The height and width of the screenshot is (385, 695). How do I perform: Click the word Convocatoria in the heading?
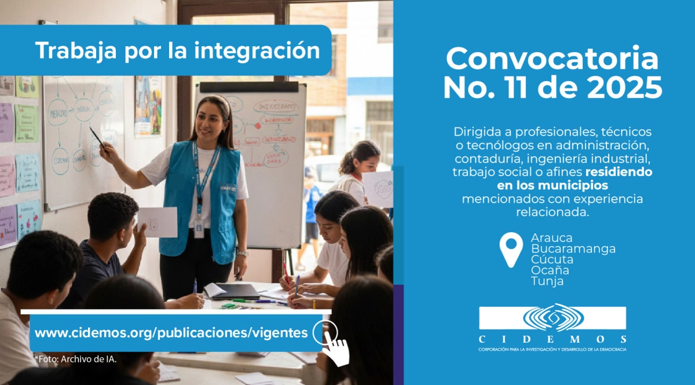click(552, 59)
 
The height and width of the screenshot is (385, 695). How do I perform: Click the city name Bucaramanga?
click(573, 249)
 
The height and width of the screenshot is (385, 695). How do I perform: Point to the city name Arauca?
click(551, 238)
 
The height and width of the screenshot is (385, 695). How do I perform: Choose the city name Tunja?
click(547, 281)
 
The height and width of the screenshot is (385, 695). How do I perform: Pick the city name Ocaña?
click(550, 270)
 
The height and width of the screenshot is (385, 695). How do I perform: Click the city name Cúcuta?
click(552, 259)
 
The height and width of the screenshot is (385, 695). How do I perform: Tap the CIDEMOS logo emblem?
click(553, 318)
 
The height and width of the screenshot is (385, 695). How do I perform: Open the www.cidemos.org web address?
click(171, 333)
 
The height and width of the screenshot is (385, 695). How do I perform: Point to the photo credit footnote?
click(75, 359)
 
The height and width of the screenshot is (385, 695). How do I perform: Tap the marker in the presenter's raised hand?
click(97, 137)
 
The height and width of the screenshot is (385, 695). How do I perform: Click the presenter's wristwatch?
click(242, 253)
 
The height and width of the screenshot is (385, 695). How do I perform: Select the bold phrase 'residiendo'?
click(618, 172)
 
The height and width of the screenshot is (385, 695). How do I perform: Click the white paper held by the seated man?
click(158, 222)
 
